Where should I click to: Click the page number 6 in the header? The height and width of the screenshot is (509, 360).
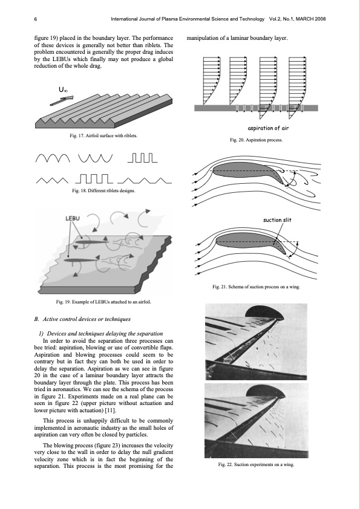click(36, 19)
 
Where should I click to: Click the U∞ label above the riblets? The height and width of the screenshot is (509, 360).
click(63, 89)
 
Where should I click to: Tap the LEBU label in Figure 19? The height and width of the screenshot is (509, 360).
click(73, 218)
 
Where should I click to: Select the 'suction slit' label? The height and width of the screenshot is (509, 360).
click(277, 220)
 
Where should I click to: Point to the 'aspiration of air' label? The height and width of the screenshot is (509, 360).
click(268, 128)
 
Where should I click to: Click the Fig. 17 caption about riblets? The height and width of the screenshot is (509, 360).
click(103, 135)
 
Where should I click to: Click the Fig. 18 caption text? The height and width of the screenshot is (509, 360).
click(103, 190)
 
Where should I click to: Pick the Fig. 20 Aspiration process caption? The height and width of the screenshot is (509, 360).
click(256, 140)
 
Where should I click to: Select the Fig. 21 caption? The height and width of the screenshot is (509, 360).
click(256, 287)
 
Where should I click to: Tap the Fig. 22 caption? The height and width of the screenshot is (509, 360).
click(256, 464)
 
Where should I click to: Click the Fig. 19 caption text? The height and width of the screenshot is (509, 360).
click(103, 302)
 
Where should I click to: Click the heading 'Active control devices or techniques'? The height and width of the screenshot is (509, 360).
click(82, 319)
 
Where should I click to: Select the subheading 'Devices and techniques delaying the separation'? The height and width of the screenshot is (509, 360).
click(100, 334)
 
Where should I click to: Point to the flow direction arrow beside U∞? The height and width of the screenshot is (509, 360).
click(61, 100)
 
